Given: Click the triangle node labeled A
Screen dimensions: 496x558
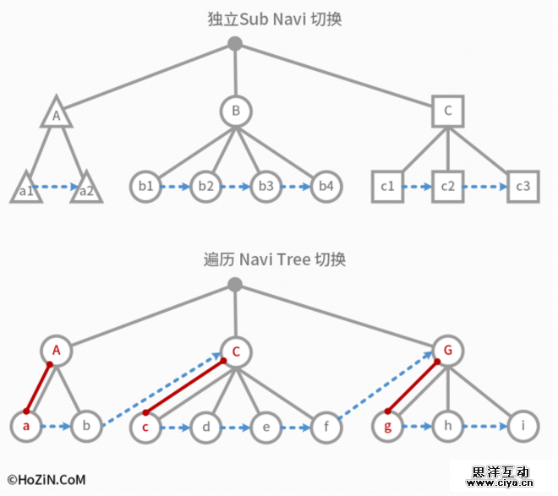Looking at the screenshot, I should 56,113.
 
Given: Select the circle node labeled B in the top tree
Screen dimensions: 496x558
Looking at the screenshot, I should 236,111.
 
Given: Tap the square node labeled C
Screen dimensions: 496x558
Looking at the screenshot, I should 447,111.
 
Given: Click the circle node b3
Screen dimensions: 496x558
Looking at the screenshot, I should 265,186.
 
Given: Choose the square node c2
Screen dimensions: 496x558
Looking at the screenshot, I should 447,186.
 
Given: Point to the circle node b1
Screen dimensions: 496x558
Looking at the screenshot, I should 145,186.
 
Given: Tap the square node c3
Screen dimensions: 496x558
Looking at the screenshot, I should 522,186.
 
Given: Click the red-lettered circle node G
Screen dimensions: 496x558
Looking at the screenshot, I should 447,350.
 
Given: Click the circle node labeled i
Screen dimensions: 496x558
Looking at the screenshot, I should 523,427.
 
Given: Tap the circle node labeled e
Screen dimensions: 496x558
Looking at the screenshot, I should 265,427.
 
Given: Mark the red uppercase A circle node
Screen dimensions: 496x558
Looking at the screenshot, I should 56,350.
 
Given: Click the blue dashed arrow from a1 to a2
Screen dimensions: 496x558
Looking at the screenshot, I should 56,187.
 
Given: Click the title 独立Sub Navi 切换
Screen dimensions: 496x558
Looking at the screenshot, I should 275,19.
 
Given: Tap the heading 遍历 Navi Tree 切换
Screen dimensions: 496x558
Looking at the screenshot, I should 275,259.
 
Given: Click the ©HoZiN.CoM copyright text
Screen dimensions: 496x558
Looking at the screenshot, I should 46,479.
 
